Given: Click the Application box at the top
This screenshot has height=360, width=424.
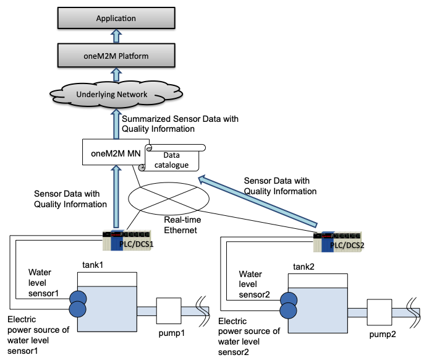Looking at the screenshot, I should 116,19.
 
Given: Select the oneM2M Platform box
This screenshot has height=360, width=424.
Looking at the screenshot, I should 116,56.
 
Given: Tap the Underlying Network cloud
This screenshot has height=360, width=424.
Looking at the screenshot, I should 116,95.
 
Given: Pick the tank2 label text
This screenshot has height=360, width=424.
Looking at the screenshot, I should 304,267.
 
